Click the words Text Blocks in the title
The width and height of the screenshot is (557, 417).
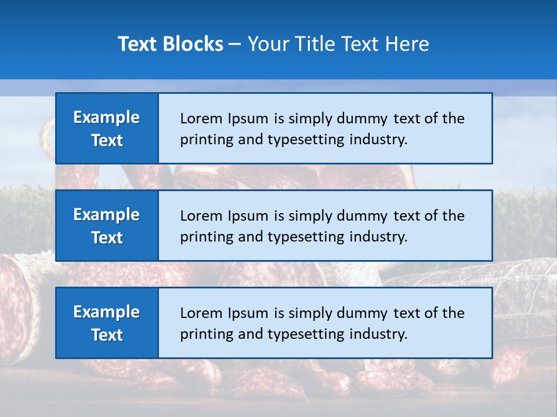[x=171, y=44]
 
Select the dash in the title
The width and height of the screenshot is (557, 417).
[x=235, y=44]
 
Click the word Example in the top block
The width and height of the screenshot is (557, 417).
[x=107, y=118]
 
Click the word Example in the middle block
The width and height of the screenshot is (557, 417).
[x=107, y=215]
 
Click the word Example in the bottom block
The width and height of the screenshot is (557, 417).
[x=107, y=312]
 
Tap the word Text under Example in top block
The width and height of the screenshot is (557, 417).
[x=107, y=141]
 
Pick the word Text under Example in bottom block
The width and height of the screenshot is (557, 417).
[x=107, y=335]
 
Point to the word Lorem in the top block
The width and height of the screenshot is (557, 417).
[x=198, y=119]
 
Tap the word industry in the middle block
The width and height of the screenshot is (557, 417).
[x=379, y=237]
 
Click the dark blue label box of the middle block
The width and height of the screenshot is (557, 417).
[x=107, y=226]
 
